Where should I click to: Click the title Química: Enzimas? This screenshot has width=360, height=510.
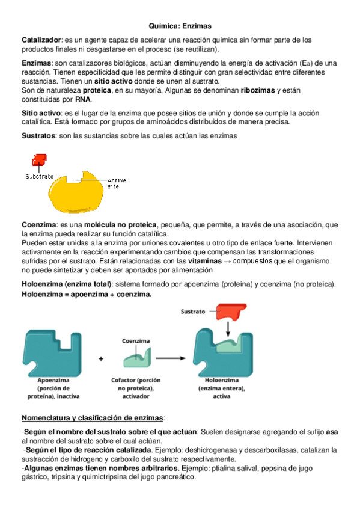[180, 26]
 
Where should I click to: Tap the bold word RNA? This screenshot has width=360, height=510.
[82, 99]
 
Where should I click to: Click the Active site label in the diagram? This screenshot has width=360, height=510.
[116, 183]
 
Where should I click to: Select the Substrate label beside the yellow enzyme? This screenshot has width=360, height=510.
[40, 176]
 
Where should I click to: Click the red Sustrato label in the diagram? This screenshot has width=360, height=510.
[193, 312]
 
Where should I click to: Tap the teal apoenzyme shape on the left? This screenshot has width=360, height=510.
[50, 353]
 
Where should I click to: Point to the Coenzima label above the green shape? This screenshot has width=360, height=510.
[136, 340]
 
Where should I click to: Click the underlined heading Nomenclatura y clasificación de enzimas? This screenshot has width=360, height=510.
[93, 418]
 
